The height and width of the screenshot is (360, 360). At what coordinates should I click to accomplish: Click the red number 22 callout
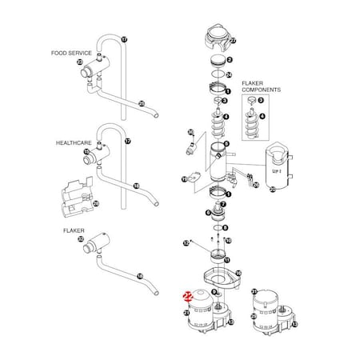pyautogui.click(x=187, y=295)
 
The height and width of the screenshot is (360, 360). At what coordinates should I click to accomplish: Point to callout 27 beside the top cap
pyautogui.click(x=233, y=40)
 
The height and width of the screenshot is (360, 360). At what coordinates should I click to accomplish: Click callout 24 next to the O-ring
pyautogui.click(x=230, y=74)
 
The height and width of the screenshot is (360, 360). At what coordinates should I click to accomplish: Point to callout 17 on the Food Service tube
pyautogui.click(x=124, y=38)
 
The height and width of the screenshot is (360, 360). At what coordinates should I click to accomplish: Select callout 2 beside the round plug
pyautogui.click(x=230, y=59)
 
